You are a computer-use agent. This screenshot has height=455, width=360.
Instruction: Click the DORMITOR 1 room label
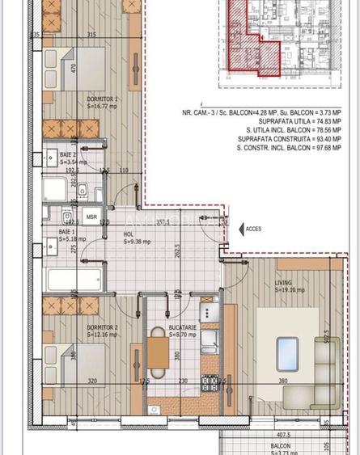(103, 100)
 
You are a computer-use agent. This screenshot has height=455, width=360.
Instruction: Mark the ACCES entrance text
(253, 229)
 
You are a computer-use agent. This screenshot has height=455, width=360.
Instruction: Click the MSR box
(92, 217)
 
